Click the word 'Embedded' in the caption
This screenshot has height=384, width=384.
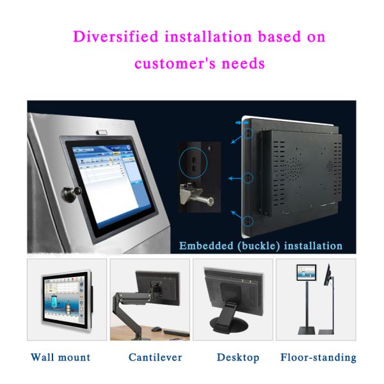[x=205, y=246]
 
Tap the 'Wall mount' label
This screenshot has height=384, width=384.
[x=61, y=357]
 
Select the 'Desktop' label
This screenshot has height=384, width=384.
[x=237, y=357]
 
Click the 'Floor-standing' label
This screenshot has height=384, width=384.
[x=318, y=357]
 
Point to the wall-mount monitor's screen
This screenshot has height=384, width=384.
[x=64, y=299]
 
